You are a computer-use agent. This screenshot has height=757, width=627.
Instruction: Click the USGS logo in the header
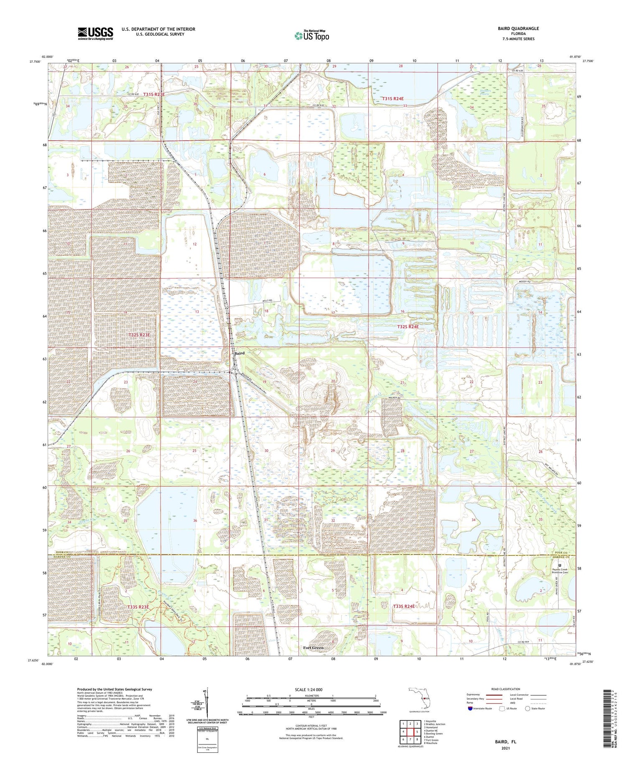pos(95,33)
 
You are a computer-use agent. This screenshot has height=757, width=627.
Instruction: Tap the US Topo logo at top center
pos(311,36)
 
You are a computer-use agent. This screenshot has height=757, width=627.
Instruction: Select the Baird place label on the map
pos(239,353)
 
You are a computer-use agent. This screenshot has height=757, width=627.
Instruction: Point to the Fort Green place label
pos(313,648)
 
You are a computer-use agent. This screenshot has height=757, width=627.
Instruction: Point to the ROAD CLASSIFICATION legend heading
pos(506,689)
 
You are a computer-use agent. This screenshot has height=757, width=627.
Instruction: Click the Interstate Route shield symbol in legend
pos(470,709)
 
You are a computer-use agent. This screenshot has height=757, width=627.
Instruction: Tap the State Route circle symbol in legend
pos(528,709)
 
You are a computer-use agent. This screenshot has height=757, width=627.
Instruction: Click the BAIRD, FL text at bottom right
pos(505,742)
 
